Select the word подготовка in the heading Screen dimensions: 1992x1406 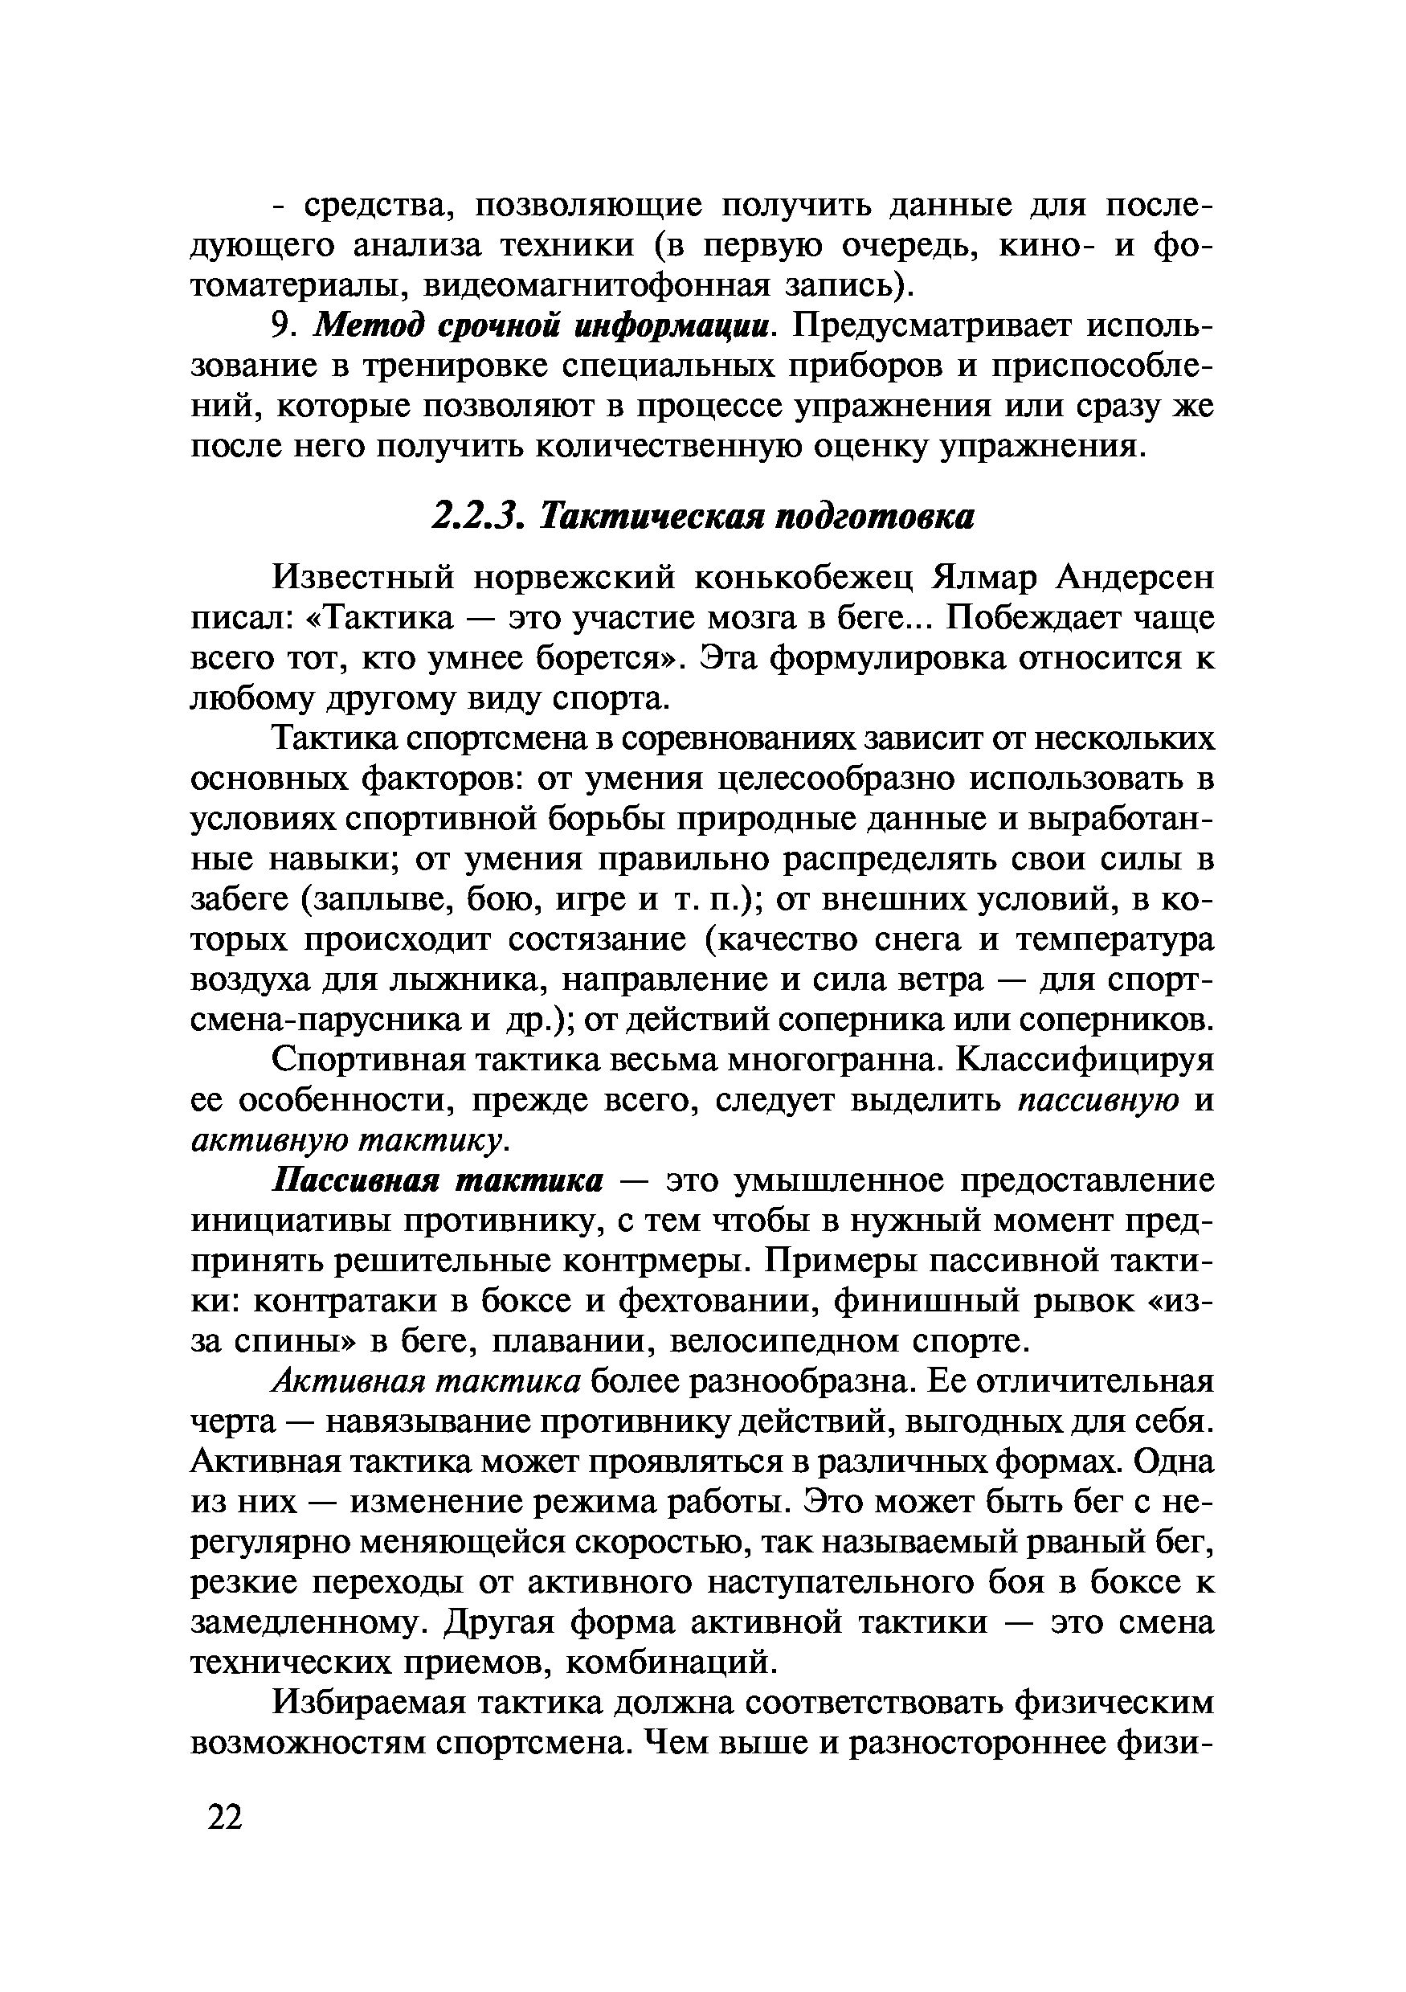(x=875, y=518)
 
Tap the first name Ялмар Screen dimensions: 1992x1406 (x=984, y=578)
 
